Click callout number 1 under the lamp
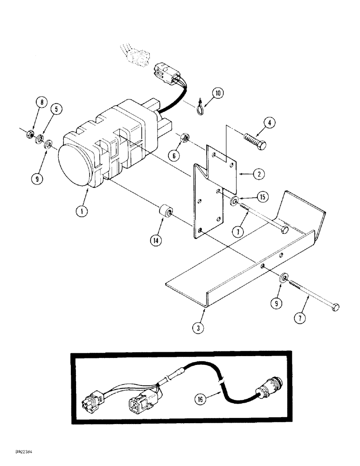click(x=83, y=211)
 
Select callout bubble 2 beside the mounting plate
click(x=259, y=174)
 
